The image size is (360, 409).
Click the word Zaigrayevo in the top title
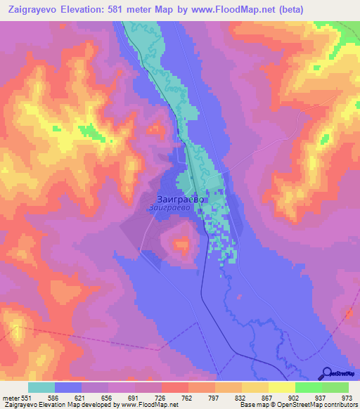click(39, 10)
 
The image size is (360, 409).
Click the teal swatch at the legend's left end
click(41, 387)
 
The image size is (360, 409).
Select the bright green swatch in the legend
click(308, 387)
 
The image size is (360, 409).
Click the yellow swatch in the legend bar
click(281, 387)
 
